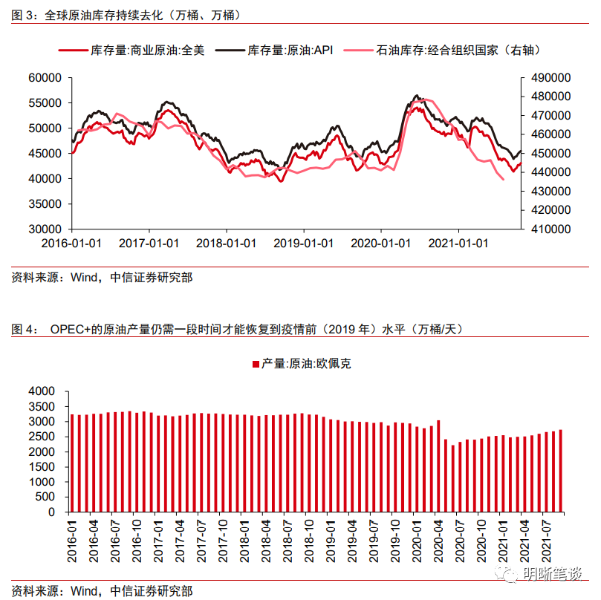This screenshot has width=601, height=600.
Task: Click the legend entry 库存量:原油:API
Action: pyautogui.click(x=290, y=50)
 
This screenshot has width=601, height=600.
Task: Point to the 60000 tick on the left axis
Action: pyautogui.click(x=44, y=77)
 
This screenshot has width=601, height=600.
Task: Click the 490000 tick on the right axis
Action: pyautogui.click(x=548, y=77)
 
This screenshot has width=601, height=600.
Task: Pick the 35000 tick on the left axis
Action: pyautogui.click(x=44, y=204)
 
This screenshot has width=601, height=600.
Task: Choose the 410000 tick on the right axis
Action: pyautogui.click(x=548, y=229)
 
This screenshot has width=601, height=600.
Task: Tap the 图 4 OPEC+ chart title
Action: pyautogui.click(x=238, y=330)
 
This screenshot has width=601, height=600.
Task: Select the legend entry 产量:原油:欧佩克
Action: pyautogui.click(x=301, y=364)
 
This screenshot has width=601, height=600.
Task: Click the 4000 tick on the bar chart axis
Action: pyautogui.click(x=42, y=391)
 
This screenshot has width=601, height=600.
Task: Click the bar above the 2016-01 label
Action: pyautogui.click(x=72, y=463)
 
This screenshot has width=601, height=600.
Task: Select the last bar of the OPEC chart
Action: pyautogui.click(x=561, y=471)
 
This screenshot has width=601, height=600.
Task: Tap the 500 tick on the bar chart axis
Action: pyautogui.click(x=45, y=497)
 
